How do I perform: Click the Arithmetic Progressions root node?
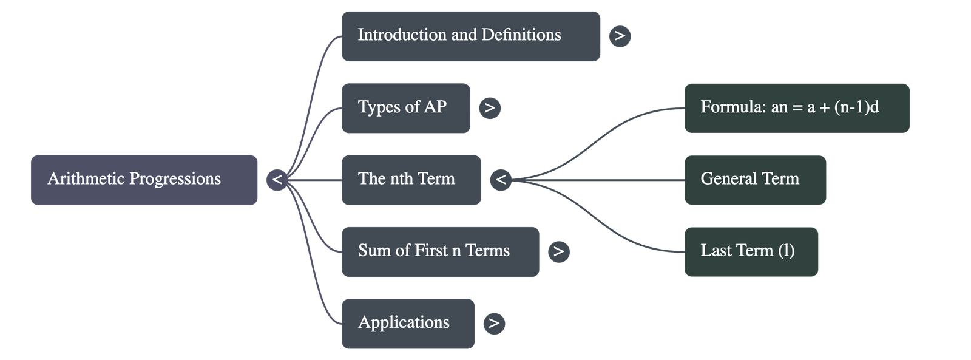point(144,180)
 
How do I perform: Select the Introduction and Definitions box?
point(470,36)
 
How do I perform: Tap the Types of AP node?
point(405,108)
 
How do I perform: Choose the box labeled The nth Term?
point(411,180)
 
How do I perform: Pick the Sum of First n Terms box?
point(440,252)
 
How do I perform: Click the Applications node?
point(408,324)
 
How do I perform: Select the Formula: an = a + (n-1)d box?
point(797,108)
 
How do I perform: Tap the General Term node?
point(755,180)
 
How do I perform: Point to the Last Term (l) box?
point(751,252)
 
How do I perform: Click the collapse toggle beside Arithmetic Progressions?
point(277,180)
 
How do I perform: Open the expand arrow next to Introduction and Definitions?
point(620,36)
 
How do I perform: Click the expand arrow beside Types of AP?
point(489,108)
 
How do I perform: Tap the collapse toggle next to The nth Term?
point(501,180)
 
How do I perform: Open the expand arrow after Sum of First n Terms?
point(558,251)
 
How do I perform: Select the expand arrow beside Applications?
point(494,323)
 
